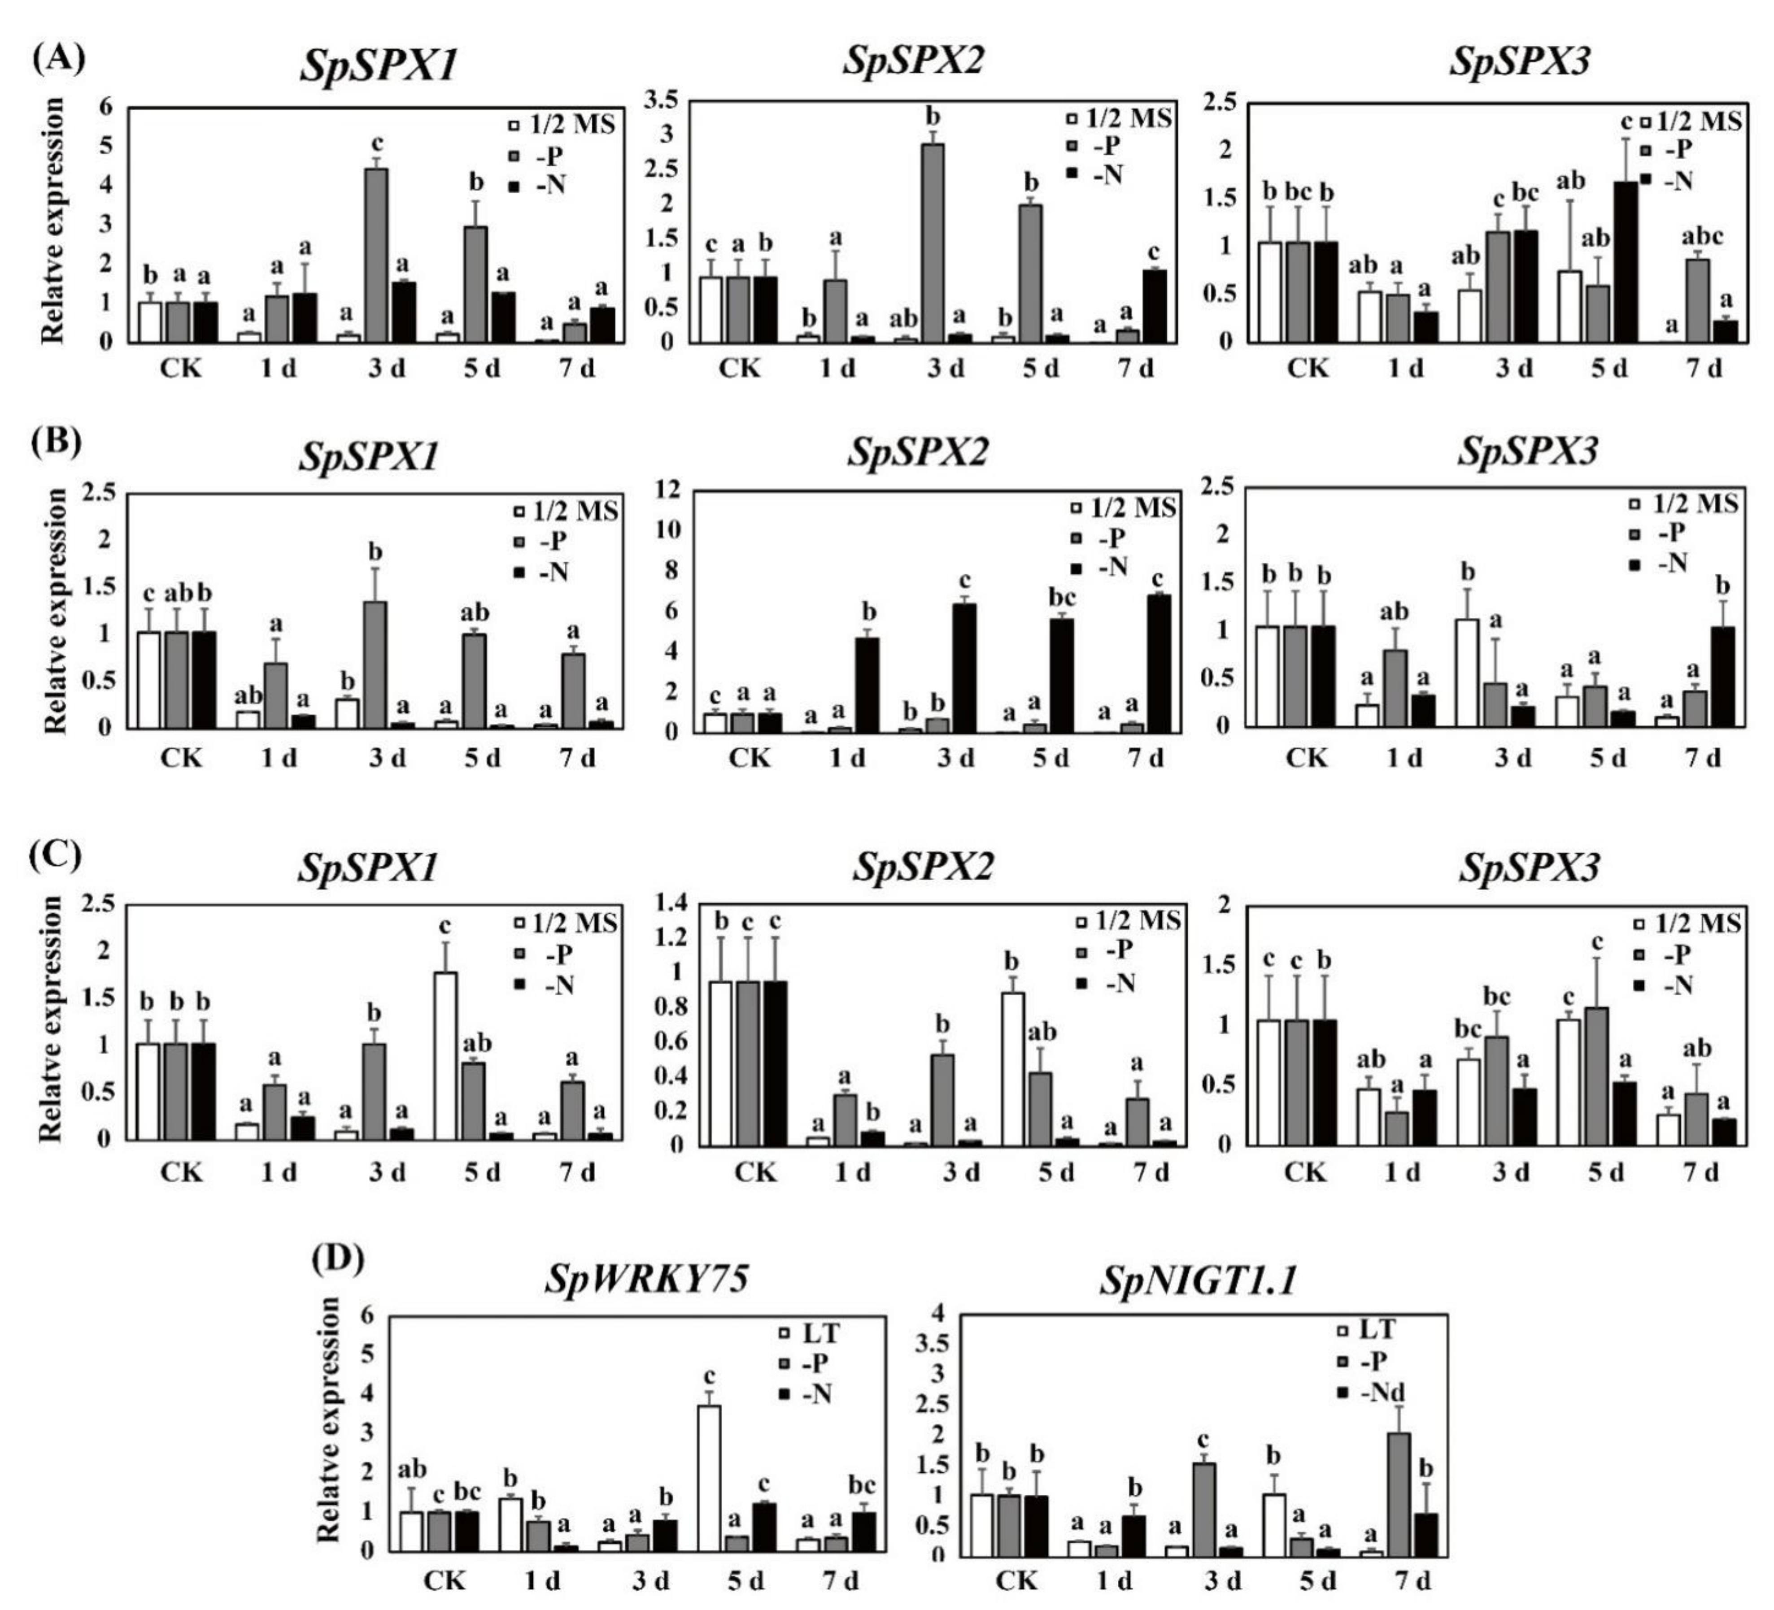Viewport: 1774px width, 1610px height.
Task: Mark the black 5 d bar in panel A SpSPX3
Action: [x=1625, y=262]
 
